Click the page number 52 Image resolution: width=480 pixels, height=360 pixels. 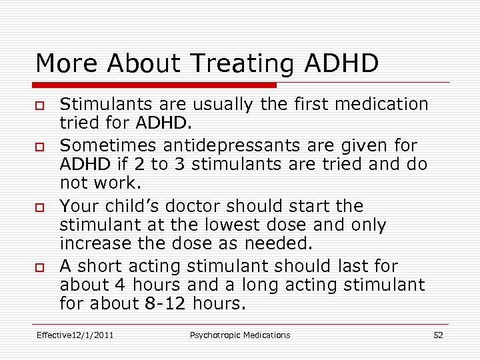coord(438,335)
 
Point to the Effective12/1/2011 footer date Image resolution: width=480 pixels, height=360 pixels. coord(75,335)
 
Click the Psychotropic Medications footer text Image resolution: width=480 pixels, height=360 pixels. coord(240,335)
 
